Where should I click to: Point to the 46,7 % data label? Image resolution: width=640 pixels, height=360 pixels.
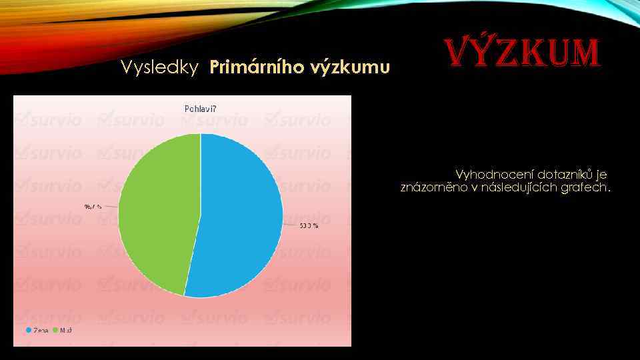(93, 207)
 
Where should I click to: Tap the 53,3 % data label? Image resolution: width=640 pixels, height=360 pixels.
(309, 226)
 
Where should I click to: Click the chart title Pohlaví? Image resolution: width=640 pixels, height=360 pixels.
(200, 108)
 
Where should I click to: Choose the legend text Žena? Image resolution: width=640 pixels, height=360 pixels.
(41, 331)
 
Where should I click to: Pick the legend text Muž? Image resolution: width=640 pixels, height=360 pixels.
(66, 331)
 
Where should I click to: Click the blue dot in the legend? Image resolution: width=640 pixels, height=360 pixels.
(29, 331)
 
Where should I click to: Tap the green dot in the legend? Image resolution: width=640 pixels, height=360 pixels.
(55, 331)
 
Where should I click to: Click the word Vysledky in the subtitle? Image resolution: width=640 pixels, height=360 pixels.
(159, 67)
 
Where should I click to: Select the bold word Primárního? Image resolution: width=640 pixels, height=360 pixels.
(257, 67)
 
